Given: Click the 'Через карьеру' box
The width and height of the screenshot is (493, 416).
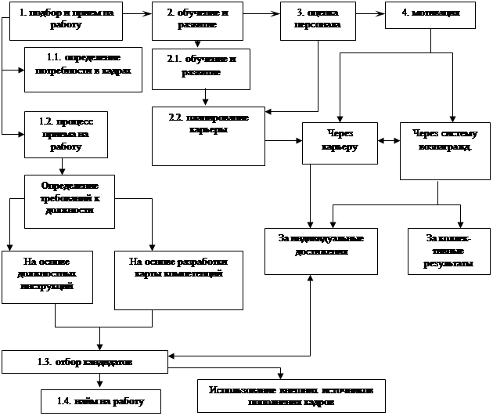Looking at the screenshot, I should [340, 142].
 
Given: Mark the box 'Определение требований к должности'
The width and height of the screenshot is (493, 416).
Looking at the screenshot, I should [70, 197].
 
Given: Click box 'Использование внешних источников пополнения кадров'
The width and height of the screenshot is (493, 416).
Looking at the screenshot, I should [291, 396].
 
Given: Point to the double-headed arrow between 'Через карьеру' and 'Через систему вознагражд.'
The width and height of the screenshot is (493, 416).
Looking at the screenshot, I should [389, 141].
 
